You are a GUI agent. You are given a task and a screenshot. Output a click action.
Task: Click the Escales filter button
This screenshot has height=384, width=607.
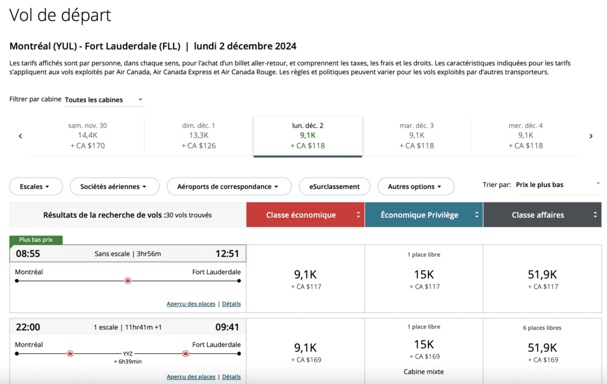tap(37, 186)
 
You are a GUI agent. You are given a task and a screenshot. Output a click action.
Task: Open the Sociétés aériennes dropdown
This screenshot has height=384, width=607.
tap(114, 186)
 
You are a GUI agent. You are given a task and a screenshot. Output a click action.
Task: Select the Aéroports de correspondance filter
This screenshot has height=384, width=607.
tap(229, 186)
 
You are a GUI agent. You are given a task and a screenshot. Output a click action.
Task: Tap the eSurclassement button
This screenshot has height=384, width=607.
tap(334, 186)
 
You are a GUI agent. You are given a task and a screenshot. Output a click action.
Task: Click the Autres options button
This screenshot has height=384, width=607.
tap(416, 186)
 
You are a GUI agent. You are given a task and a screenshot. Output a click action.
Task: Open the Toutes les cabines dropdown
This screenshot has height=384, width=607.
tap(104, 100)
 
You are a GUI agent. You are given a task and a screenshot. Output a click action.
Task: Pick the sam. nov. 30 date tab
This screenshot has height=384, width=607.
tap(88, 136)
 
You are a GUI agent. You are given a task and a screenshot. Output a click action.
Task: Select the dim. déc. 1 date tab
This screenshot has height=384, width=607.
tap(199, 136)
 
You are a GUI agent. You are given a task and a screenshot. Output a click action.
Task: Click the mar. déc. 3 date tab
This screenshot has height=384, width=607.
tap(417, 136)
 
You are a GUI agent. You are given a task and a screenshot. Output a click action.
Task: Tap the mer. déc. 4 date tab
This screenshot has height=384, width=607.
tap(525, 136)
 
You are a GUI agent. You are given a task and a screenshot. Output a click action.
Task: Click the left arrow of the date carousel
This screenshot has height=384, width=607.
tap(20, 136)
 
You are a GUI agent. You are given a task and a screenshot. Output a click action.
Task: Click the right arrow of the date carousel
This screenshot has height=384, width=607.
tap(590, 136)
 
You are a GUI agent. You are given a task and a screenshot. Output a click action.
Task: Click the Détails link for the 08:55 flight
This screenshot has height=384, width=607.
tap(231, 304)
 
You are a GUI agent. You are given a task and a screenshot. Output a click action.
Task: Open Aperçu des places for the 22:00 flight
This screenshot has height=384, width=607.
tap(191, 377)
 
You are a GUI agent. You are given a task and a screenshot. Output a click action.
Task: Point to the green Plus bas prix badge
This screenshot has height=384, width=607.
tap(36, 240)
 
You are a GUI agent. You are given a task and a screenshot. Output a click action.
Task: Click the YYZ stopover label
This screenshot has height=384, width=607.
tap(127, 353)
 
